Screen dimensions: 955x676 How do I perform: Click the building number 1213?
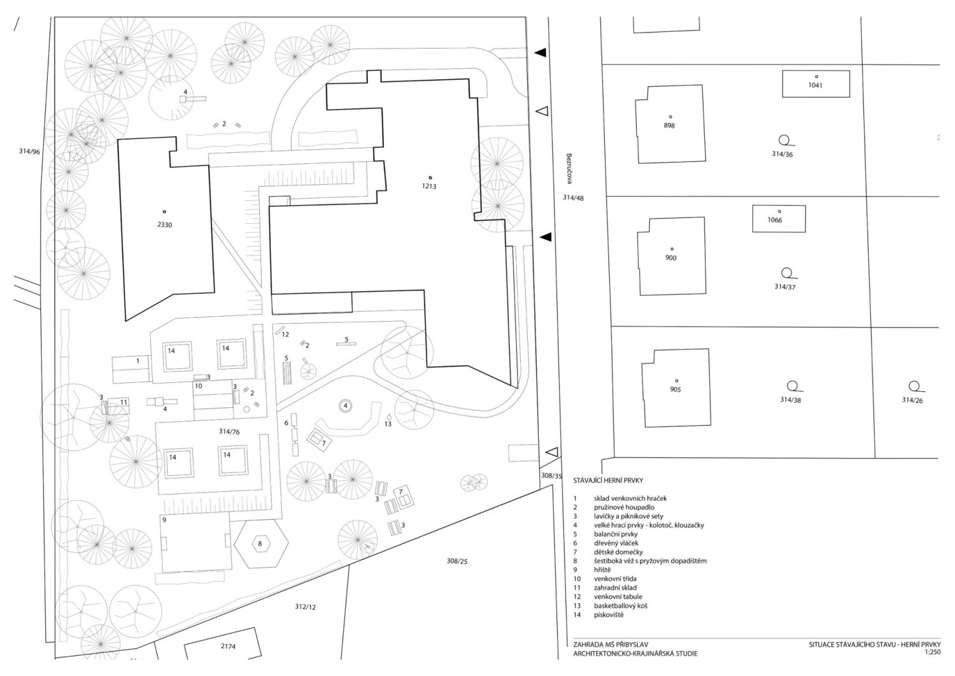[429, 187]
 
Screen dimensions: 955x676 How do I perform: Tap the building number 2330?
[164, 225]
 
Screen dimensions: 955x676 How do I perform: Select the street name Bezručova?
[569, 169]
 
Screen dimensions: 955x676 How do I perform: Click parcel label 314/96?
[29, 152]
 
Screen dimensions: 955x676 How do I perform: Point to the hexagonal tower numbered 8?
[260, 543]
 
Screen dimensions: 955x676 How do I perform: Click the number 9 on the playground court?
[164, 521]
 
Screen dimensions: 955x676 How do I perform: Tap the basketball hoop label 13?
[388, 424]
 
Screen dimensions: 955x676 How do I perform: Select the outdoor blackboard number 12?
[285, 334]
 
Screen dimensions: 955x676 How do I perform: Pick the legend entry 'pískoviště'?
[609, 615]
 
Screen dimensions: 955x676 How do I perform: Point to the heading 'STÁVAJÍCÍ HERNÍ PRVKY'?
[608, 480]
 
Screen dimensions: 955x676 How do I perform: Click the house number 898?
[669, 126]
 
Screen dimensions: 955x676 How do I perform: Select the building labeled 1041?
[816, 84]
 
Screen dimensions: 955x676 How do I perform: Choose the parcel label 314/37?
[785, 287]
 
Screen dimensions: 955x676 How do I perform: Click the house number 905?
[676, 390]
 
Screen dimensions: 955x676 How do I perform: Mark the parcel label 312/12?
[305, 607]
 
